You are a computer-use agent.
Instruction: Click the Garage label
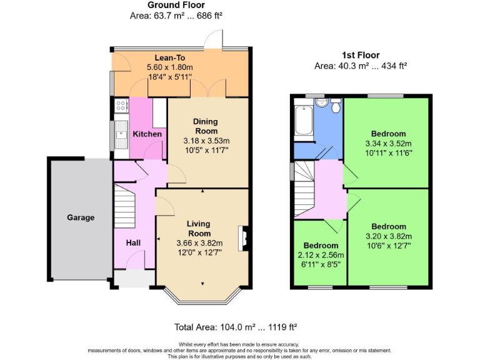81,217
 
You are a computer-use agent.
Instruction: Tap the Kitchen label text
147,134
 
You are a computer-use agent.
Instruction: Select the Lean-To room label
169,58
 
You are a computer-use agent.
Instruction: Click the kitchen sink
119,133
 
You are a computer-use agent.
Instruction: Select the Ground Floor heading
176,5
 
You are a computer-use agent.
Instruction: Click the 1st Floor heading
360,55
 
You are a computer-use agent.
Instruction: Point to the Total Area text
236,327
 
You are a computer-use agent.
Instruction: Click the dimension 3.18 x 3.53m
206,141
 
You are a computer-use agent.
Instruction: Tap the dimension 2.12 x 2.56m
321,255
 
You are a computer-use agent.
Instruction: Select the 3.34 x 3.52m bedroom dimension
388,143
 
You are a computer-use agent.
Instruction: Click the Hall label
132,242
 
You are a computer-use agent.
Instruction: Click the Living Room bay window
202,297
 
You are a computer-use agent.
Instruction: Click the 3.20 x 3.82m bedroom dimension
388,236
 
